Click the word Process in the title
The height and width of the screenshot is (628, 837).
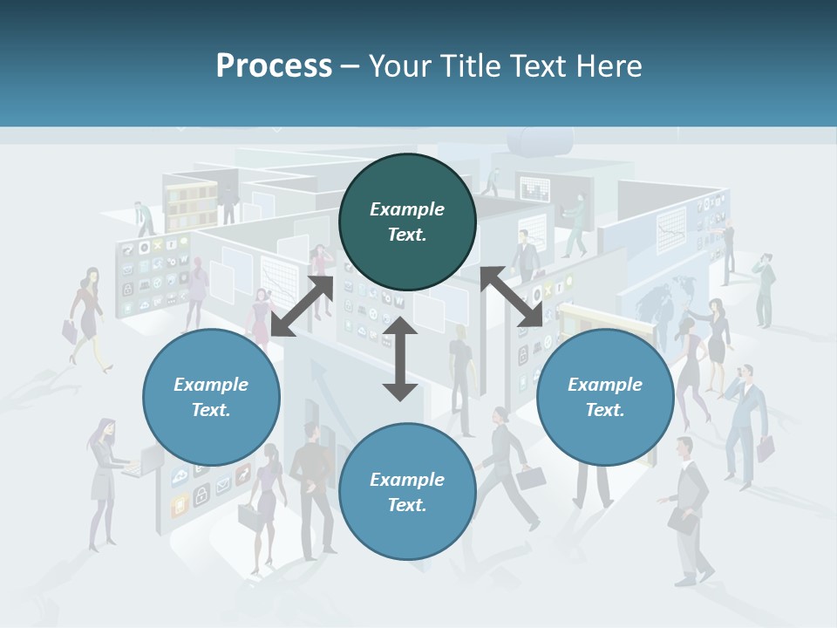274,66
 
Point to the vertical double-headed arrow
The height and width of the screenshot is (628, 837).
400,359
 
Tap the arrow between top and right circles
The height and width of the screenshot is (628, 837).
511,297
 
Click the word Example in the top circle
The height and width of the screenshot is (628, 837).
407,209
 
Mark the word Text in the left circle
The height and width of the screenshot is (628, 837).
210,410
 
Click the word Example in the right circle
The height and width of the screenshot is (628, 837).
605,385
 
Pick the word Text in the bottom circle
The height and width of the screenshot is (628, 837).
406,505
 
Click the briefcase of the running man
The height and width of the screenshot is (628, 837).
530,478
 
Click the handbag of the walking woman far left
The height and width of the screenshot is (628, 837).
69,330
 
